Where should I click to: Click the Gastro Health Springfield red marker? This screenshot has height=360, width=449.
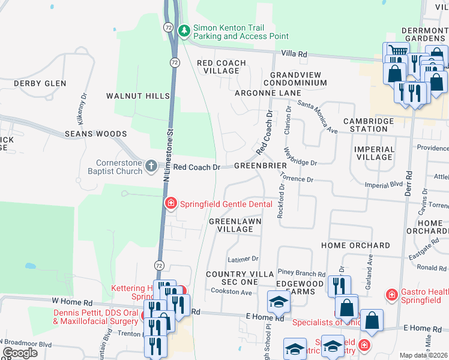(x=391, y=295)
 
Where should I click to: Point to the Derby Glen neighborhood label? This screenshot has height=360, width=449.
(x=40, y=83)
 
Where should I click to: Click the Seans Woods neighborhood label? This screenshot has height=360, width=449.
(x=96, y=134)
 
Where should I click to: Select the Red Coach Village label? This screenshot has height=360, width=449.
(x=221, y=67)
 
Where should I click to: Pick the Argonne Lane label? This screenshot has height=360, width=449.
(x=268, y=93)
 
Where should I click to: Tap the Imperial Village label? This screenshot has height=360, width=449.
(x=375, y=153)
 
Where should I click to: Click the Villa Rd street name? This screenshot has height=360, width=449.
(x=294, y=54)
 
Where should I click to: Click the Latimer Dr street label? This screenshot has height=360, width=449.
(x=243, y=259)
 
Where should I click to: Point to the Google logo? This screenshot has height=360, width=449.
(x=20, y=353)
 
